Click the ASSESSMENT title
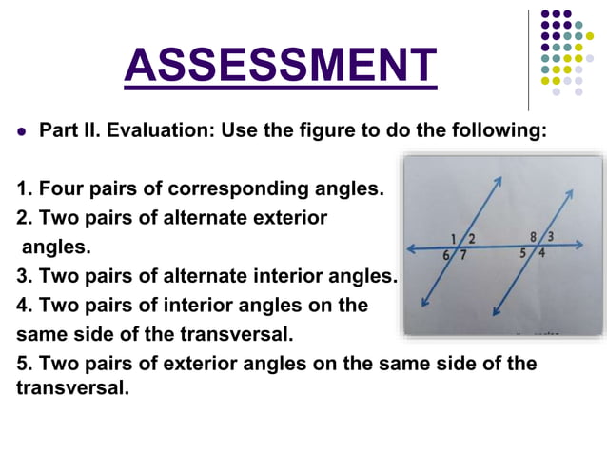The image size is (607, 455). (281, 65)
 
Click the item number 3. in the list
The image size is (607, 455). (26, 276)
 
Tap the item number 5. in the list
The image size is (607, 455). (26, 364)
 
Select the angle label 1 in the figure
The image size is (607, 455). (454, 237)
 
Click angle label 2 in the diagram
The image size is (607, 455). (472, 237)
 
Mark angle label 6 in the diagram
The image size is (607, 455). (447, 255)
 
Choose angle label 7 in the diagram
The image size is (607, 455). (463, 255)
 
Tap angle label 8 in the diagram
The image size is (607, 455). (534, 235)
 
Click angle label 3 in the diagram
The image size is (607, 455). (551, 235)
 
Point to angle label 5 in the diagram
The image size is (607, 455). (523, 253)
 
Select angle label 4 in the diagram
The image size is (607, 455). (541, 253)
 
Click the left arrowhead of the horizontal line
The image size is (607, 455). (410, 249)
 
